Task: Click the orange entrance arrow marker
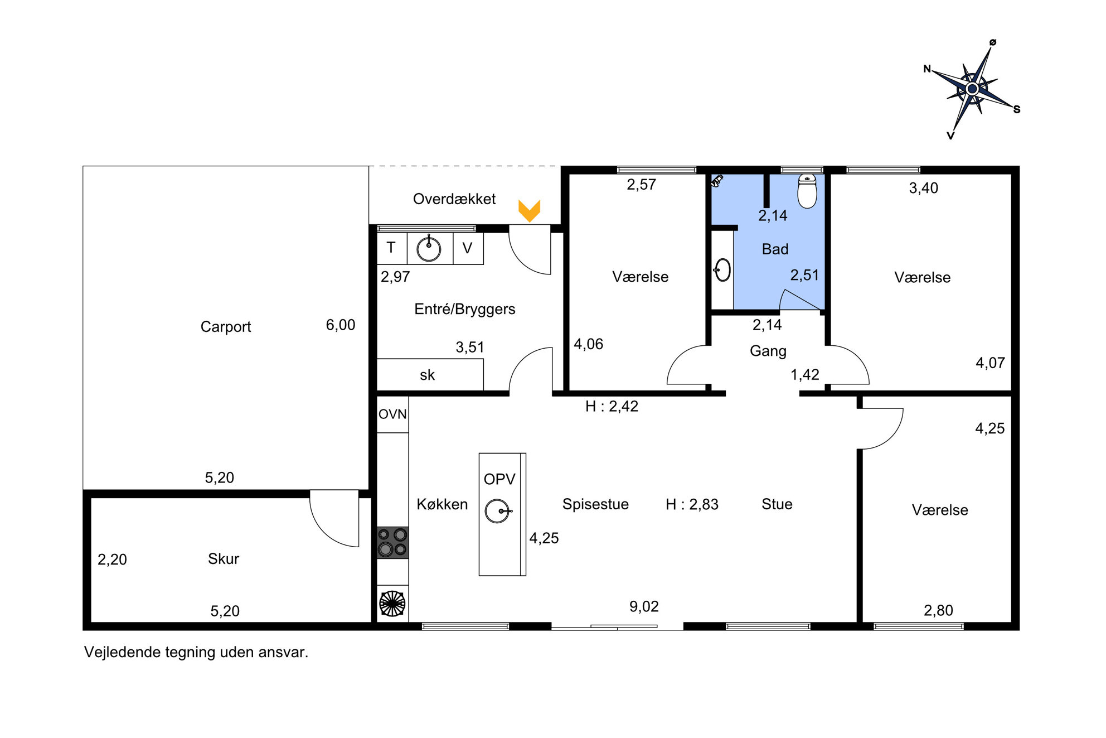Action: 529,211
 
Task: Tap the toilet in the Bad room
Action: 807,191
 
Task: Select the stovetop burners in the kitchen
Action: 392,543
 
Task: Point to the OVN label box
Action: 392,414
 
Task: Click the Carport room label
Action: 226,327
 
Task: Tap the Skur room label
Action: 224,559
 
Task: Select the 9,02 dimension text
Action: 644,606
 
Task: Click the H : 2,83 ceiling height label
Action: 692,504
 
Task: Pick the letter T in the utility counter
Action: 391,248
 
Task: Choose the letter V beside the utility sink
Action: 467,248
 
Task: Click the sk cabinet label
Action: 427,375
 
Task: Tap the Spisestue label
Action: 595,504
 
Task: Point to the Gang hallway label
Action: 768,351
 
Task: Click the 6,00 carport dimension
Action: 341,325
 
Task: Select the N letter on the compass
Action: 927,69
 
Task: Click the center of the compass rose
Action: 973,89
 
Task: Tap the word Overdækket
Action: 454,199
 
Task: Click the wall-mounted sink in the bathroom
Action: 722,270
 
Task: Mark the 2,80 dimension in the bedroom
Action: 938,610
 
